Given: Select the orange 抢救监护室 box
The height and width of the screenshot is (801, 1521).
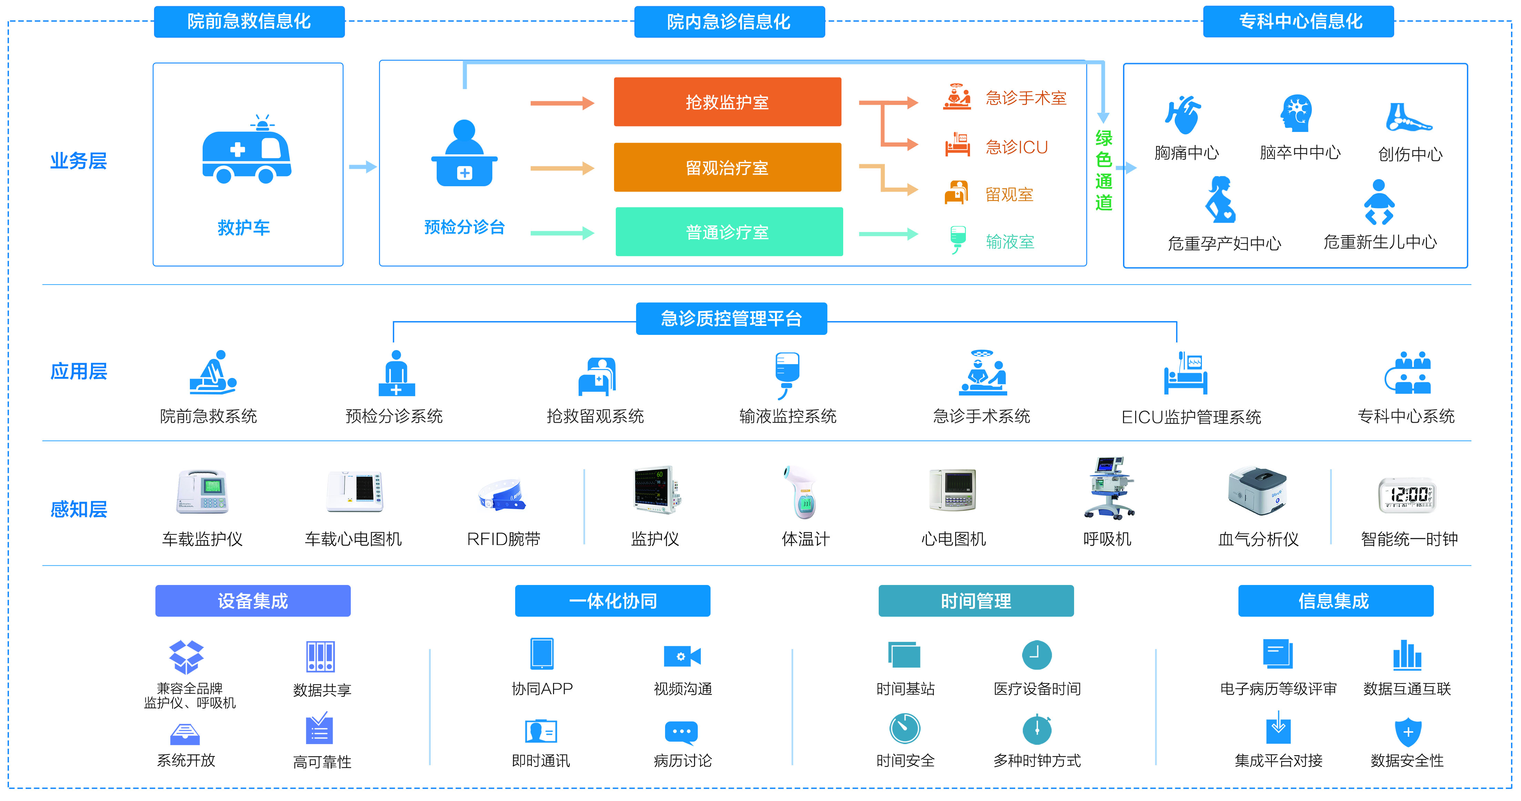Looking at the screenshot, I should tap(727, 102).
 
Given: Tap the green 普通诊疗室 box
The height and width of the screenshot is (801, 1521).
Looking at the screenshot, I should tap(728, 232).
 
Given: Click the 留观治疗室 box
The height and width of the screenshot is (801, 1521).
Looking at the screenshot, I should tap(727, 168).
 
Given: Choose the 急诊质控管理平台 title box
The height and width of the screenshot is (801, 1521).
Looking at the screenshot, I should tap(731, 319).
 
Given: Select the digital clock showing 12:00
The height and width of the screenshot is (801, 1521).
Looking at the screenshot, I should tap(1408, 495).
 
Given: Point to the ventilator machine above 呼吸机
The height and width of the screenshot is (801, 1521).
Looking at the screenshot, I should tap(1108, 489).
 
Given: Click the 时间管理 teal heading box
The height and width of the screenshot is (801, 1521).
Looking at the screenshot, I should tap(976, 601).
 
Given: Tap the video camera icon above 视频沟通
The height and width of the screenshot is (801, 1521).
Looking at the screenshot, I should tap(682, 656).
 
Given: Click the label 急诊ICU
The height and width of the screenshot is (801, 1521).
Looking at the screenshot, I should tap(1016, 147).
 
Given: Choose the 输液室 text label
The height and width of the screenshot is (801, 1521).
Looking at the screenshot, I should tap(1010, 242).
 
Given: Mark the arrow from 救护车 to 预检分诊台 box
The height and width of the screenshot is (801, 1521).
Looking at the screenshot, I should tap(362, 167).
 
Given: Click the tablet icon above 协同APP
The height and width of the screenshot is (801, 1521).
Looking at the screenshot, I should tap(541, 654).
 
